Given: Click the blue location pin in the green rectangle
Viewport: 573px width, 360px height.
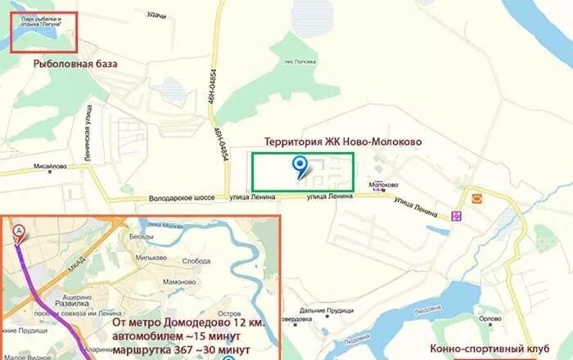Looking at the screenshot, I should [x=300, y=167].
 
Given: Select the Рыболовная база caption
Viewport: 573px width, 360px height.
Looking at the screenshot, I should [x=75, y=63].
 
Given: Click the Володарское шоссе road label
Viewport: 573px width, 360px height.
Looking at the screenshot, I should [x=182, y=197].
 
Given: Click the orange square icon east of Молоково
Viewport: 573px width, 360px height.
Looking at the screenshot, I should [x=476, y=199].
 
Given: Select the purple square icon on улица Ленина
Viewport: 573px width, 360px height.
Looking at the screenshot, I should [x=456, y=216].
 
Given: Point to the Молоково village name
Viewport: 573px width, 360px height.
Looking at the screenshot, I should [x=383, y=185].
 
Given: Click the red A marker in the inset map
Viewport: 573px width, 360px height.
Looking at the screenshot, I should [x=18, y=232].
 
